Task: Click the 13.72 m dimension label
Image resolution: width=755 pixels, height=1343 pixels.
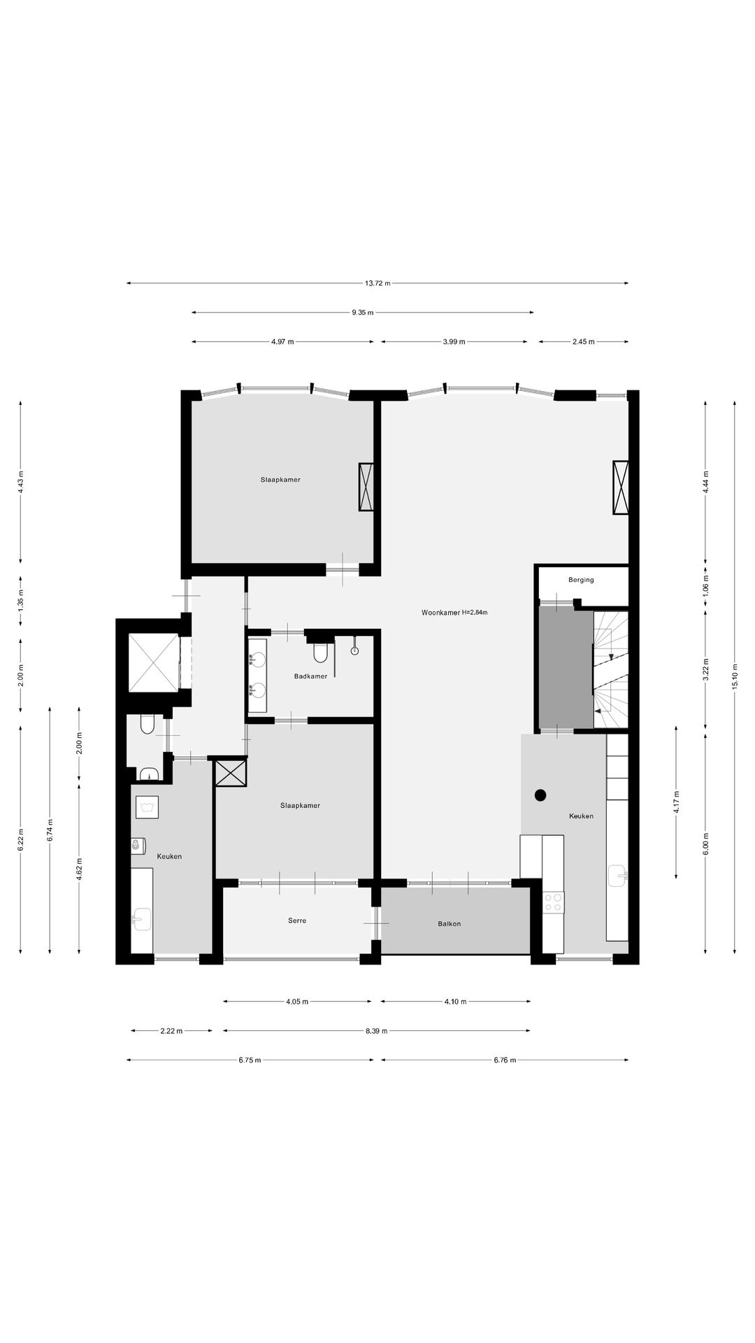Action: click(x=377, y=283)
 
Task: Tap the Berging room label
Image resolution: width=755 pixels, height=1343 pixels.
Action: click(x=581, y=580)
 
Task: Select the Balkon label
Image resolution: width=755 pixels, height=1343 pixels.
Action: click(x=449, y=924)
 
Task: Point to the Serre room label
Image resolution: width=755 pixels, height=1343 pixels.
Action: click(x=297, y=921)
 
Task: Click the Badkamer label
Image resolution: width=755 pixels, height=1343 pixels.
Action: click(x=310, y=676)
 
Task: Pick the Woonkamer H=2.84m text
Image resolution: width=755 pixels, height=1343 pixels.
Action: click(x=454, y=613)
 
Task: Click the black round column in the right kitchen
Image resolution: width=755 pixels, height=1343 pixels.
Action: click(x=540, y=795)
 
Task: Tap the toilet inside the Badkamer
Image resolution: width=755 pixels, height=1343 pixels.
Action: click(x=321, y=651)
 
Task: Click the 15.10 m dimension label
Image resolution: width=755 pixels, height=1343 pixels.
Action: click(x=735, y=676)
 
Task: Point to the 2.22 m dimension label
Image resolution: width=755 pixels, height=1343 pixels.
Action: click(x=171, y=1031)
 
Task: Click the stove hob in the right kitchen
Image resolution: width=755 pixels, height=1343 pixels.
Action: click(x=553, y=902)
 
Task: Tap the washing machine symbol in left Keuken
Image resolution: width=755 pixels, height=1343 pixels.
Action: click(x=147, y=807)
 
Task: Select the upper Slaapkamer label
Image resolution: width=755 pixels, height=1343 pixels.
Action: click(x=280, y=480)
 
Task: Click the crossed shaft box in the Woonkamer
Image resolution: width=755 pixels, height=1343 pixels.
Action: click(x=621, y=488)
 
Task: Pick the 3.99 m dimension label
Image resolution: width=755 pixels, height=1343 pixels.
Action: click(x=454, y=342)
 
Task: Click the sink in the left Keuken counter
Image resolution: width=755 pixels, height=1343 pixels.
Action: click(x=142, y=919)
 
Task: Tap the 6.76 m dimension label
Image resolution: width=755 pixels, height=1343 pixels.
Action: click(x=505, y=1060)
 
